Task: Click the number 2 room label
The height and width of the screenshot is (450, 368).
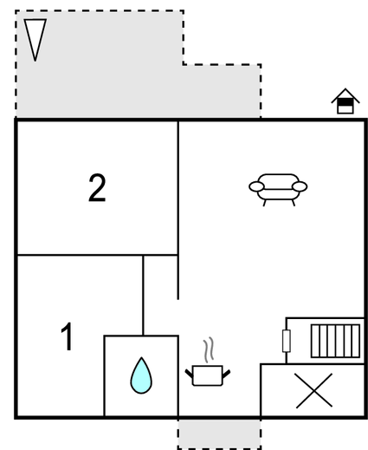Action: click(x=97, y=188)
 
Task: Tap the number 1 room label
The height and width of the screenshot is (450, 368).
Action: click(x=67, y=336)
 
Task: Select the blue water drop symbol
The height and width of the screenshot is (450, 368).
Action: click(x=141, y=375)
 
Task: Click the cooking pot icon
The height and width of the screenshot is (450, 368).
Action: click(x=208, y=375)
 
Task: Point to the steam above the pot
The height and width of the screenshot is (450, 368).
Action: click(x=209, y=349)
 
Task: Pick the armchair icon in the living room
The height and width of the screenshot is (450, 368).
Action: click(x=278, y=190)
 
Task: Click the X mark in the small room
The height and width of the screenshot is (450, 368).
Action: click(x=314, y=390)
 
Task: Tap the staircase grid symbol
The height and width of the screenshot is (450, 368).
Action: click(x=335, y=341)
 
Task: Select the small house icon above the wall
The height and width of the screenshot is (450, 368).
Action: click(x=345, y=101)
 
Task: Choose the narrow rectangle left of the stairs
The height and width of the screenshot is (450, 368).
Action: click(x=286, y=341)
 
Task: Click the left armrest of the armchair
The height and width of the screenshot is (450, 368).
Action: click(x=256, y=186)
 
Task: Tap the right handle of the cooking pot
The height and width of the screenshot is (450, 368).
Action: click(x=226, y=374)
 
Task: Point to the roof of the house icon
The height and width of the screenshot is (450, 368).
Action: click(x=345, y=95)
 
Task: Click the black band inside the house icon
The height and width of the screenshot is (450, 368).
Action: click(x=345, y=102)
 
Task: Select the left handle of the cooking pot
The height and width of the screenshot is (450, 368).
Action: click(x=189, y=374)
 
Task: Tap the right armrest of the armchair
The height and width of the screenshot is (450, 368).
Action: click(x=300, y=186)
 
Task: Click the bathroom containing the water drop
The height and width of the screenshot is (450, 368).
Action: click(x=141, y=375)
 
